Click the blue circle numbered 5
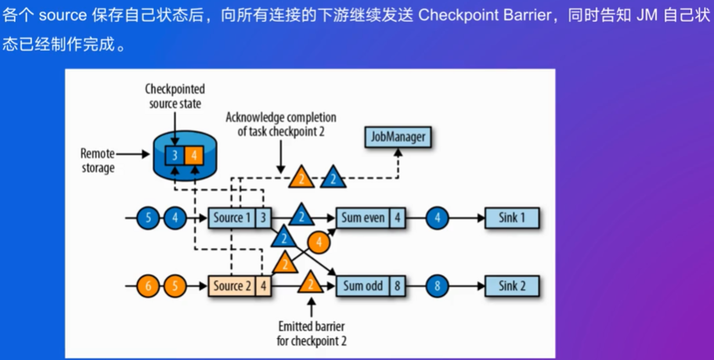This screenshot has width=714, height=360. [147, 217]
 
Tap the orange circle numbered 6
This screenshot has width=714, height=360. [147, 286]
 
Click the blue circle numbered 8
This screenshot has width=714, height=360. [438, 286]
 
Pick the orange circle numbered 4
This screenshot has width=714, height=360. [319, 242]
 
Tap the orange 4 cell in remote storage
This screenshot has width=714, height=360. [193, 155]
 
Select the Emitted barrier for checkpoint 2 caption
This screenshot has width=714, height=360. [312, 333]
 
